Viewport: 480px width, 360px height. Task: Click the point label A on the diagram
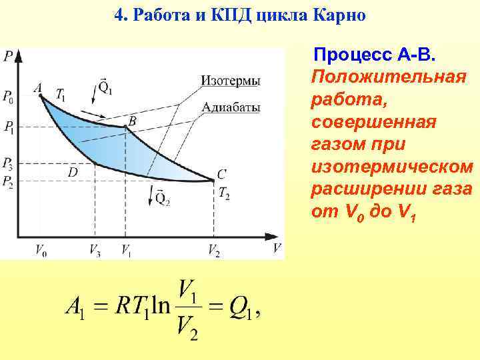click(37, 87)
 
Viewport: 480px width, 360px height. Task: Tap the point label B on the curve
click(132, 120)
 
